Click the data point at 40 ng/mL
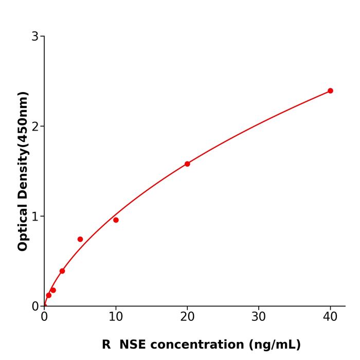click(330, 91)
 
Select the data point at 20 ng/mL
click(187, 164)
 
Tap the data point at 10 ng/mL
click(116, 220)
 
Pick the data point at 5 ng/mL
click(80, 239)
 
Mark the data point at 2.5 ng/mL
click(62, 271)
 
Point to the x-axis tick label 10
click(116, 317)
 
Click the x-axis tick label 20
click(187, 317)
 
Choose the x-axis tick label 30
click(259, 317)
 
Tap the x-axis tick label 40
click(330, 317)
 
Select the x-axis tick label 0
click(44, 317)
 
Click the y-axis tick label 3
click(35, 37)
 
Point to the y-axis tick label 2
click(35, 127)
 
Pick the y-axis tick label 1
click(35, 217)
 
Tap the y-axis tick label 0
click(35, 307)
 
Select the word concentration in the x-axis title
click(198, 345)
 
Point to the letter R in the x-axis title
click(106, 345)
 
